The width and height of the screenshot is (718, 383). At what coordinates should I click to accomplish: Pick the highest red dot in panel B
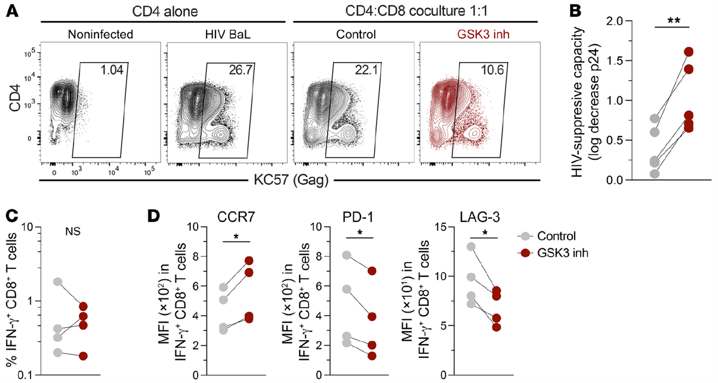pyautogui.click(x=687, y=52)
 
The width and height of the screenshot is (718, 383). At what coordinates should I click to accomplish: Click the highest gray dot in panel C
pyautogui.click(x=57, y=282)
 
